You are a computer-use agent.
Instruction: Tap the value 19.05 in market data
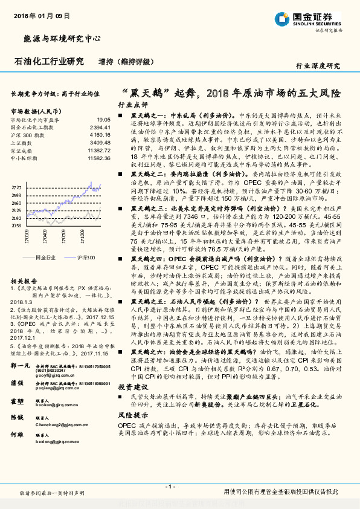pyautogui.click(x=103, y=120)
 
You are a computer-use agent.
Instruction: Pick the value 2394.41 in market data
pyautogui.click(x=100, y=128)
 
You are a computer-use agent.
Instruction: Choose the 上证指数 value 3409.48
pyautogui.click(x=100, y=143)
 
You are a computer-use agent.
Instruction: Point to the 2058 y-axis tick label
pyautogui.click(x=17, y=225)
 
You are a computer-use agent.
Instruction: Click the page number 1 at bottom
pyautogui.click(x=171, y=486)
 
